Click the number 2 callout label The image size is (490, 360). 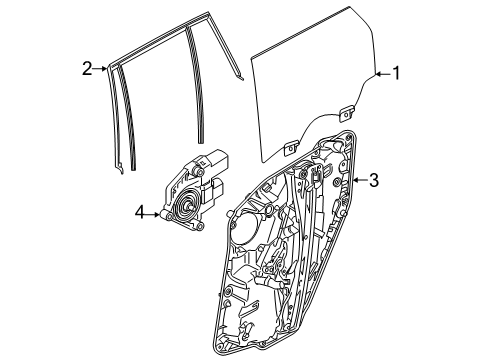[87, 68]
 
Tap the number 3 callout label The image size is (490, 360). [373, 181]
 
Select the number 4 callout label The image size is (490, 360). [141, 211]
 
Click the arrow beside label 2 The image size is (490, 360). [101, 68]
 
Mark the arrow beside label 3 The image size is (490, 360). [358, 181]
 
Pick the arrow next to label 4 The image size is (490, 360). [155, 211]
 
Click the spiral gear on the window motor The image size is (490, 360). [184, 211]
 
